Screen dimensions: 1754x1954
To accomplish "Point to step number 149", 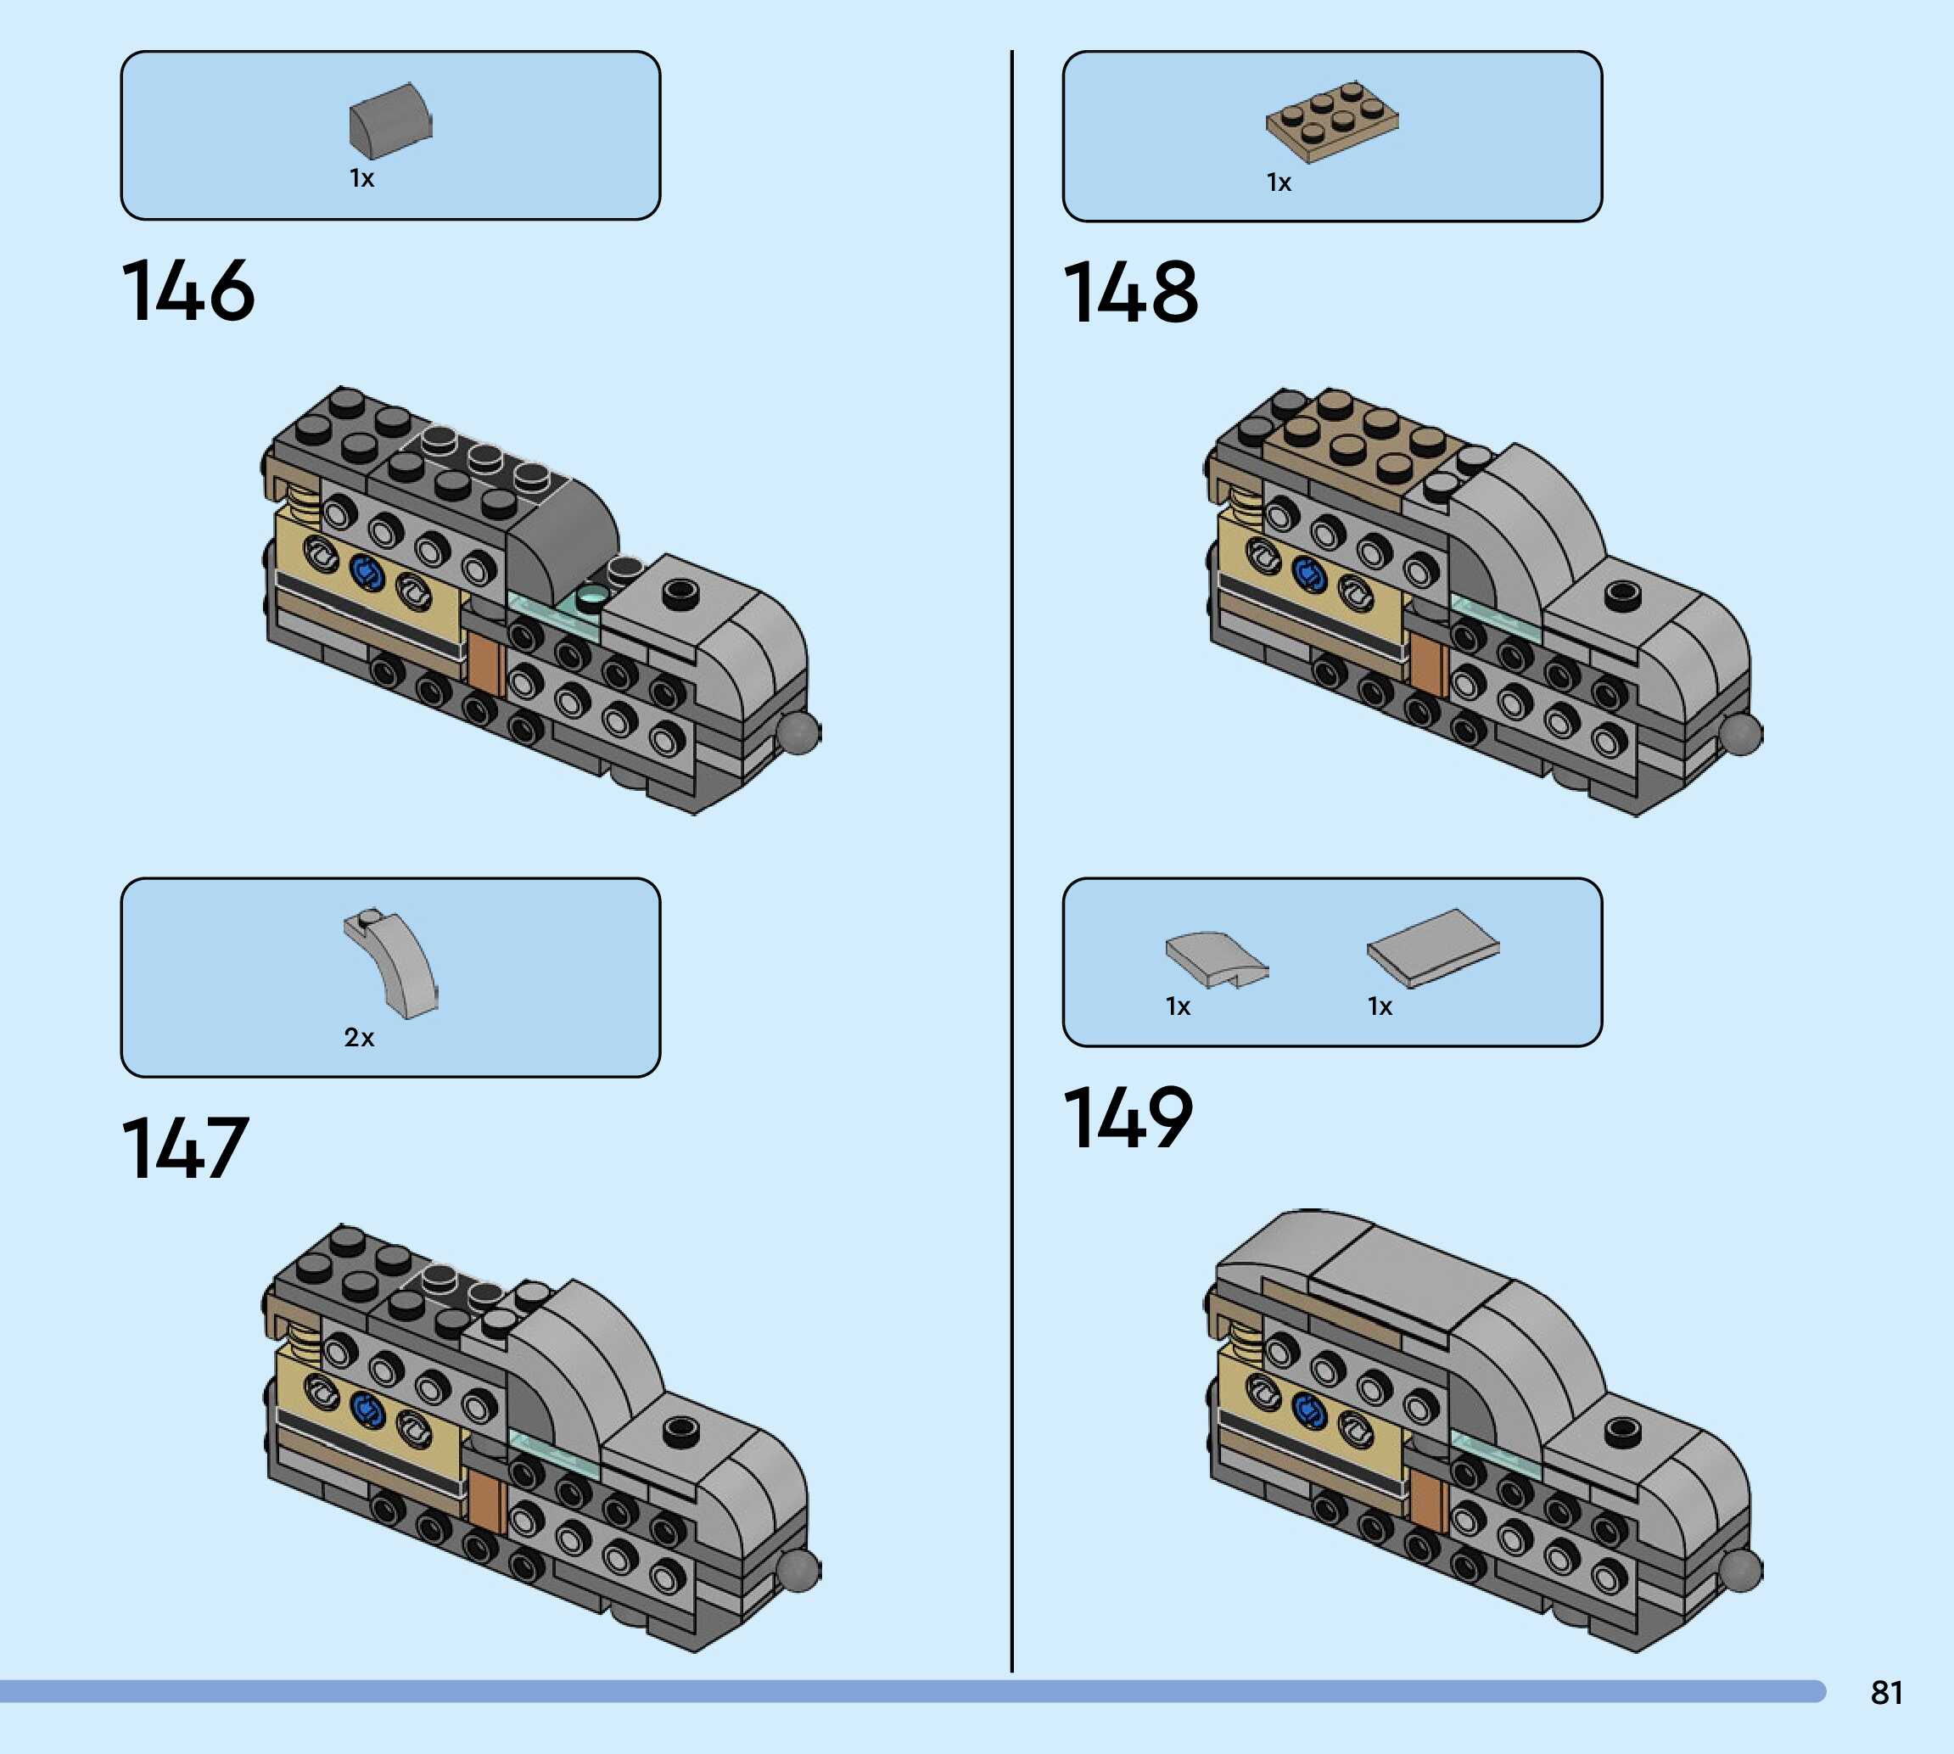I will [x=1128, y=1117].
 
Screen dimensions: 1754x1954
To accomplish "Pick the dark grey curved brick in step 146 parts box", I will [x=390, y=120].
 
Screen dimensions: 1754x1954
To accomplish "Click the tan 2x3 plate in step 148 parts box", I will [x=1331, y=121].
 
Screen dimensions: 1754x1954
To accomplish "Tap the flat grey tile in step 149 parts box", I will [x=1433, y=947].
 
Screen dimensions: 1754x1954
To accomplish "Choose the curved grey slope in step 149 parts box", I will [x=1216, y=958].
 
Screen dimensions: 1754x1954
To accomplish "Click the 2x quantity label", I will [x=358, y=1037].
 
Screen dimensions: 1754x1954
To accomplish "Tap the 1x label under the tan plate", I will [x=1278, y=182].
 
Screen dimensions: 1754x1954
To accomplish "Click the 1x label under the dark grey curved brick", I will [x=361, y=178].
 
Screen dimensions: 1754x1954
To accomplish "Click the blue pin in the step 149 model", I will [x=1307, y=1411].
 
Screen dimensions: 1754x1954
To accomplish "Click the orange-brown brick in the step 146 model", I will [x=484, y=663].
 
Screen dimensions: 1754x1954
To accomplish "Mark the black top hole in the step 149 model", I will [x=1621, y=1428].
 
